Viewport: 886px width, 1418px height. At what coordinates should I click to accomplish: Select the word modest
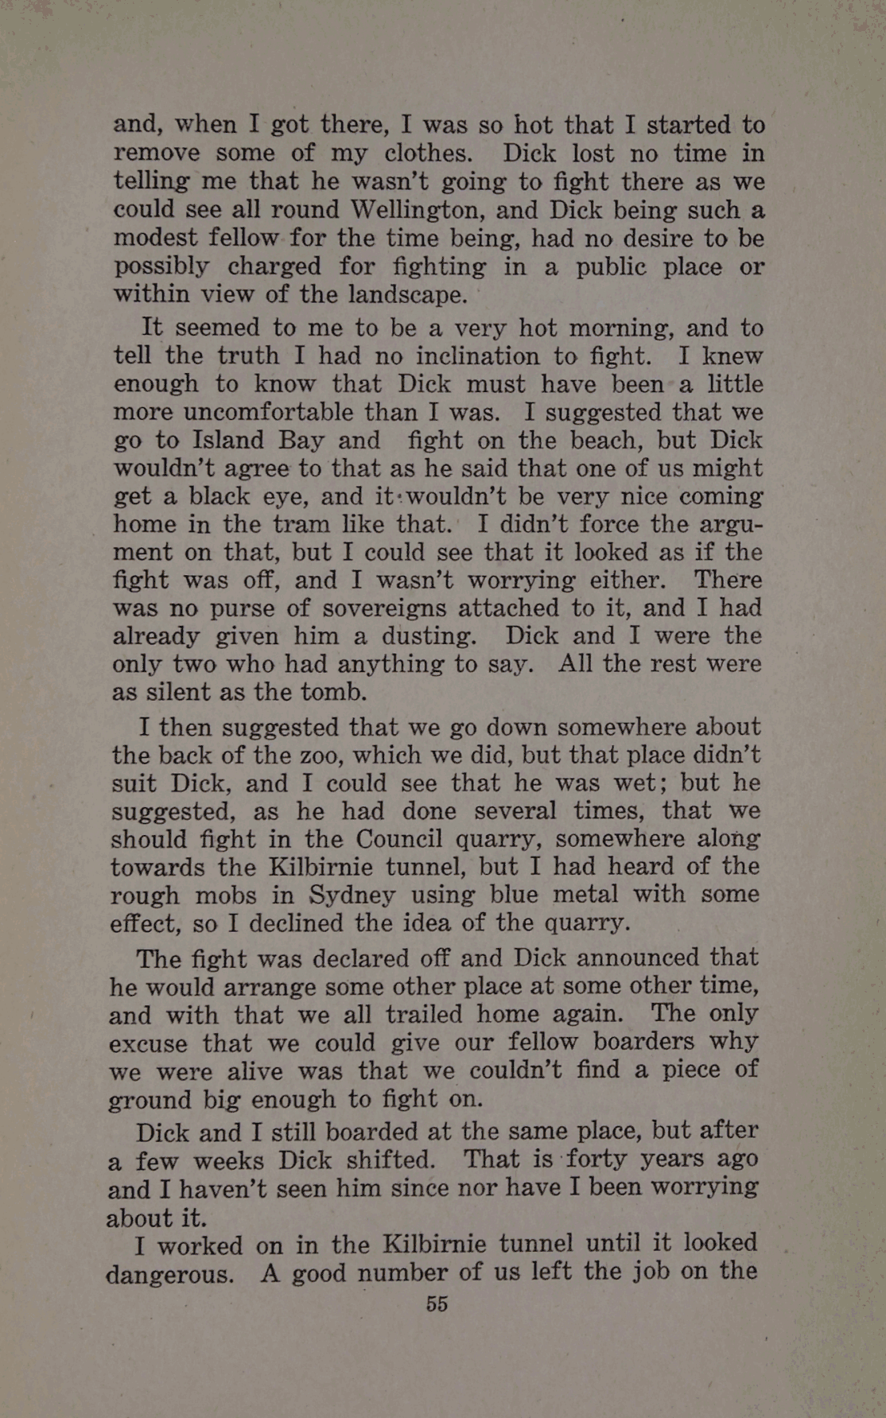(x=155, y=238)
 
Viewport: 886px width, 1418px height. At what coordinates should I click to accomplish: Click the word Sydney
(x=352, y=895)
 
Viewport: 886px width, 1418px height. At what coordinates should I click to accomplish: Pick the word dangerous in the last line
(x=169, y=1275)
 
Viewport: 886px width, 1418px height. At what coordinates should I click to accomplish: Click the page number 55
(x=437, y=1303)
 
